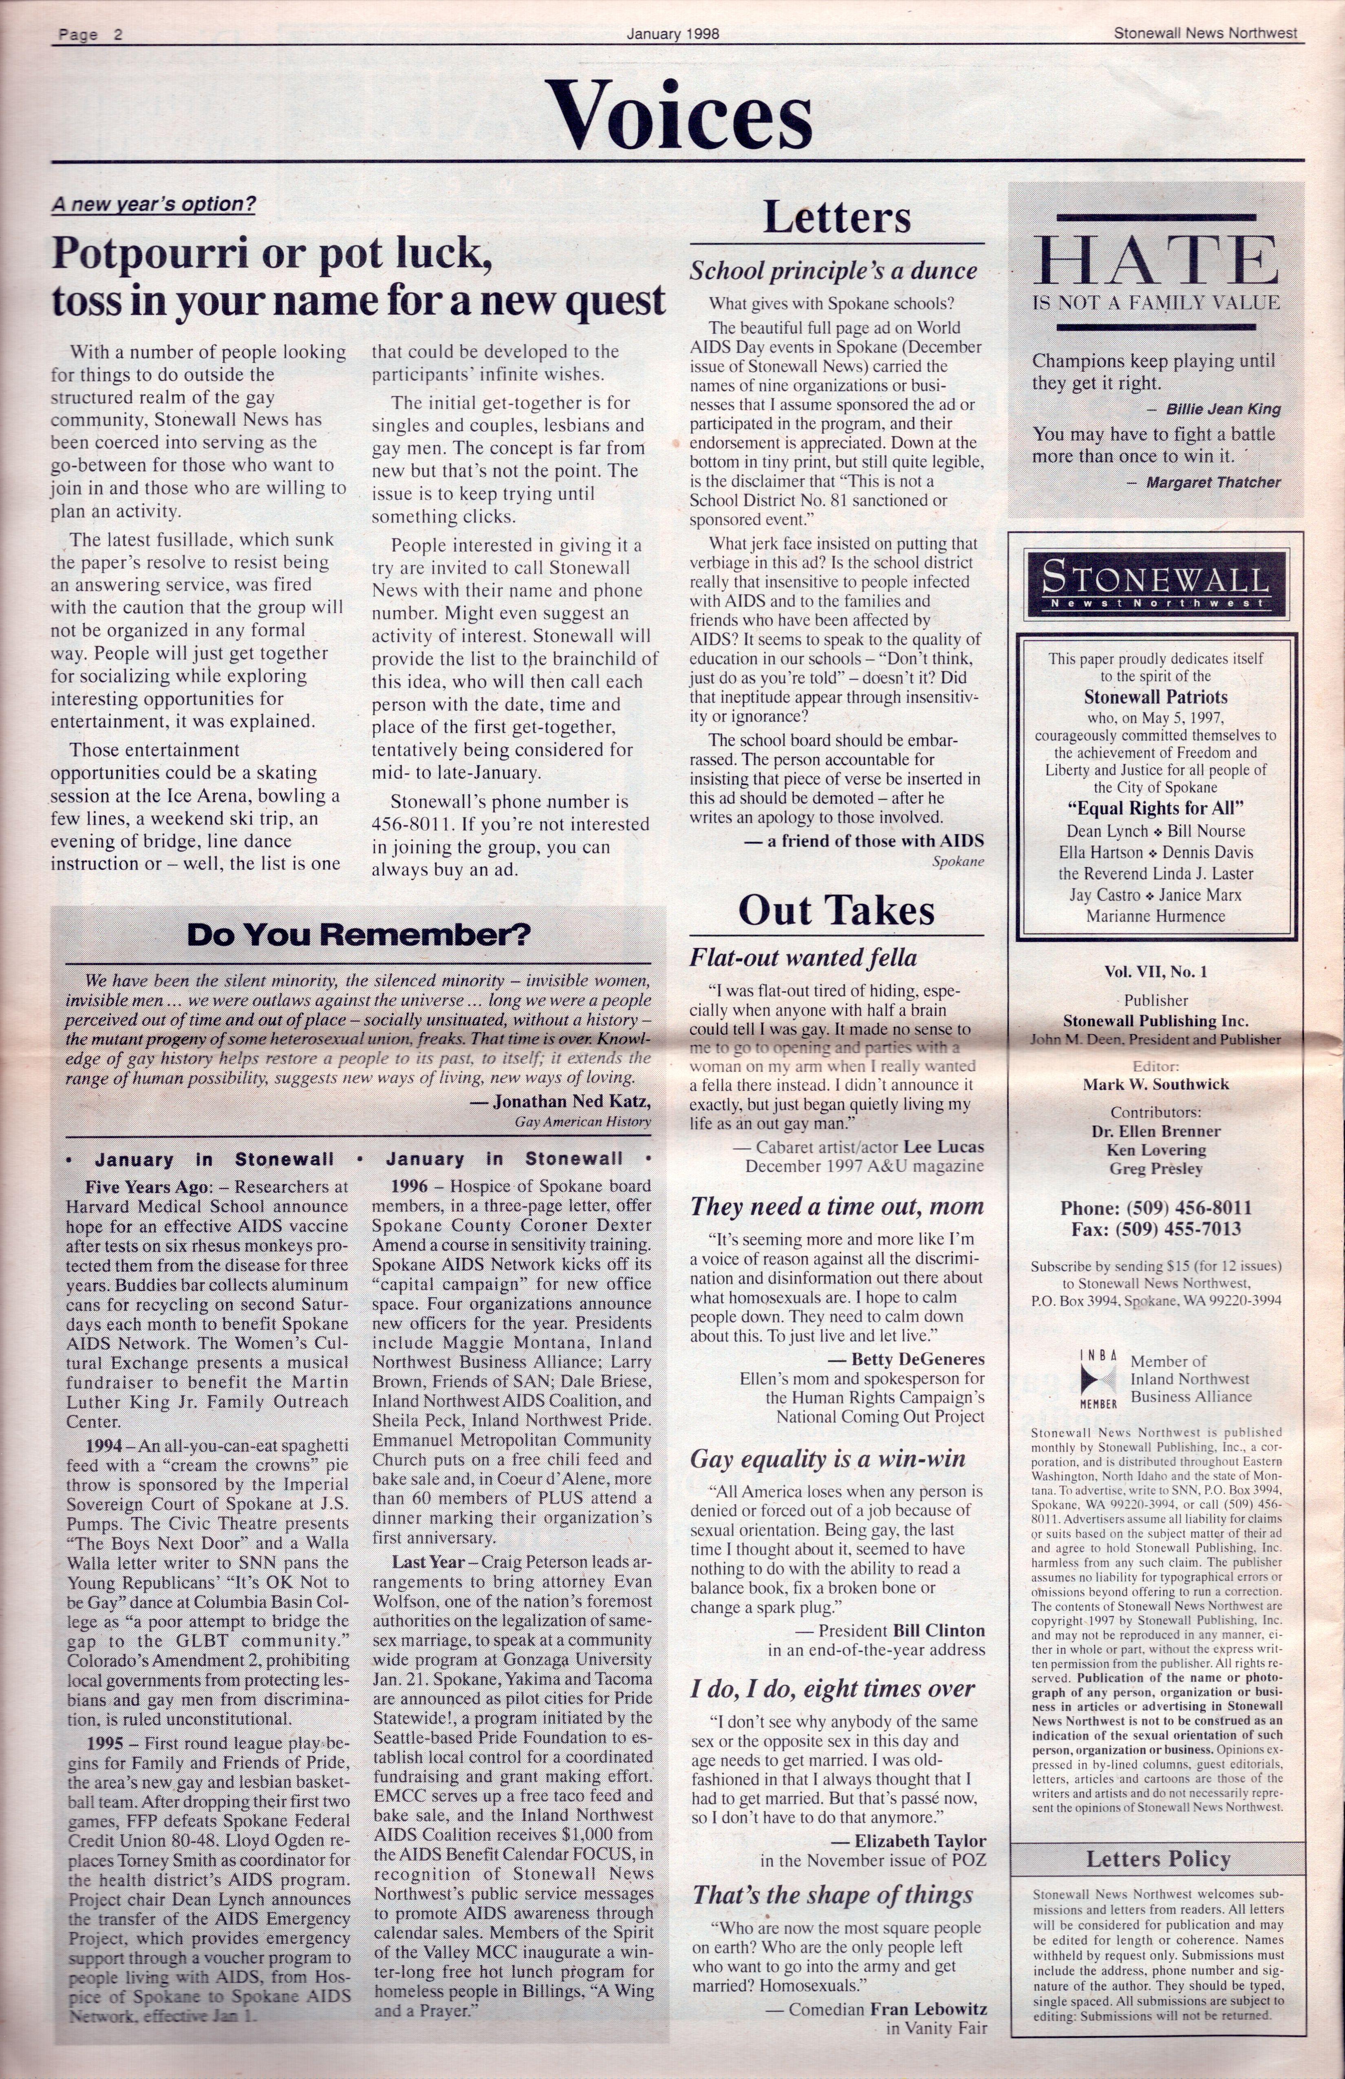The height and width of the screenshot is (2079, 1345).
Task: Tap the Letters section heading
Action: pyautogui.click(x=837, y=218)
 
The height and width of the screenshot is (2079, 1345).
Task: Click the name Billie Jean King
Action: pyautogui.click(x=1224, y=409)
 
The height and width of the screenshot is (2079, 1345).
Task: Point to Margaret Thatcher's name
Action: pyautogui.click(x=1213, y=482)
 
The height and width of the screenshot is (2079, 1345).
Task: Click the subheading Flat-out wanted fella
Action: pyautogui.click(x=803, y=958)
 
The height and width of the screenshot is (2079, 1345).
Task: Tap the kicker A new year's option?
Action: pyautogui.click(x=154, y=204)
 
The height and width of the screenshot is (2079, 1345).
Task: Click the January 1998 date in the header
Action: pyautogui.click(x=672, y=34)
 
